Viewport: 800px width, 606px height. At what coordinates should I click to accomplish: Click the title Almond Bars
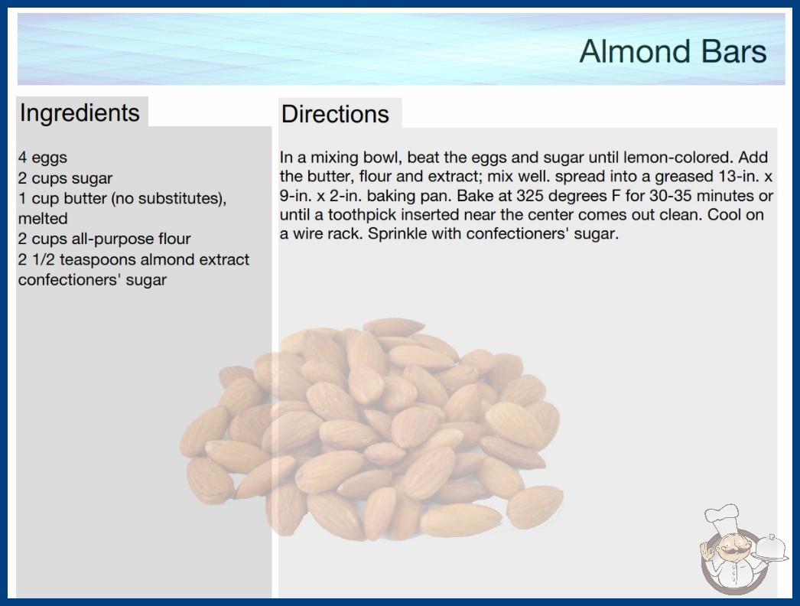pos(673,51)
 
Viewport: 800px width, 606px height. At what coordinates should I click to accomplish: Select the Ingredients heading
pos(80,113)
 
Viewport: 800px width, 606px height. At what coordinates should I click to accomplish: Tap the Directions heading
pos(335,114)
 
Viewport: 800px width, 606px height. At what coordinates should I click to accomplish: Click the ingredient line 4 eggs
pos(43,158)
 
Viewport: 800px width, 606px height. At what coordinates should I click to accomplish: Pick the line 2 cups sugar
pos(65,178)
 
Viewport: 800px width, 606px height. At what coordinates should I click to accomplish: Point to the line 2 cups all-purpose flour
pos(105,239)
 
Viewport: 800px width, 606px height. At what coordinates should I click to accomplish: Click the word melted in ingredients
pos(43,219)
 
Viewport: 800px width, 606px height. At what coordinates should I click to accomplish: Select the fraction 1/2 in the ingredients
pos(44,259)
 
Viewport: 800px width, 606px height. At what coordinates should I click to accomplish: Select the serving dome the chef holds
pos(771,547)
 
